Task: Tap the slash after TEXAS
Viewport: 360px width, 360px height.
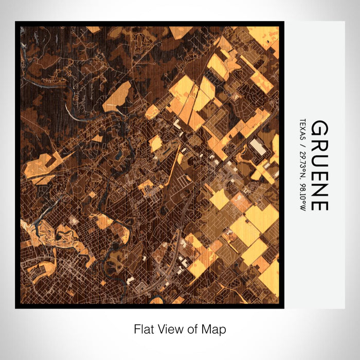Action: [x=302, y=141]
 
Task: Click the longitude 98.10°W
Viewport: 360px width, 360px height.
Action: [x=302, y=195]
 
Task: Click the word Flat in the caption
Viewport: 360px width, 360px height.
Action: [x=143, y=328]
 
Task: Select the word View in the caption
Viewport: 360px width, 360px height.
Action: [x=169, y=328]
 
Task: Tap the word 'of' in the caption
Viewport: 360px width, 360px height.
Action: [x=192, y=328]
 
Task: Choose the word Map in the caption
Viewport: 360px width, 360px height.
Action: [x=214, y=328]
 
